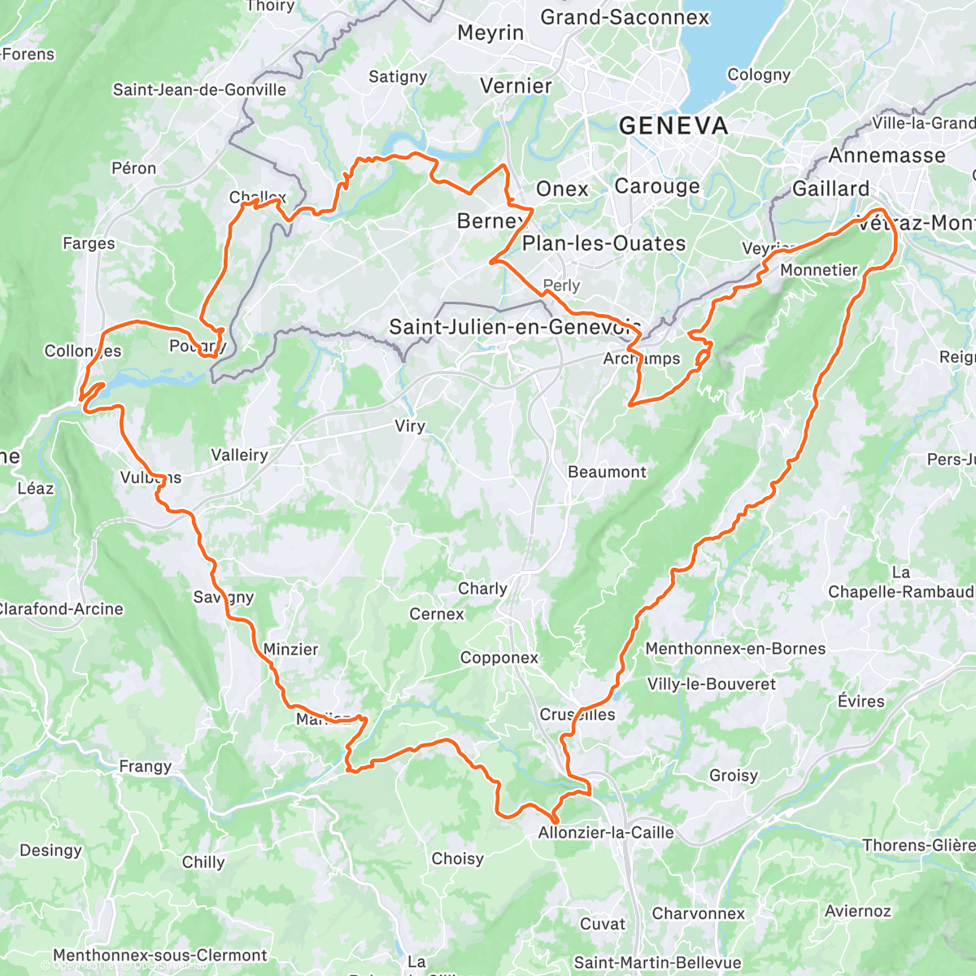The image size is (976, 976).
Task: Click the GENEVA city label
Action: [x=673, y=126]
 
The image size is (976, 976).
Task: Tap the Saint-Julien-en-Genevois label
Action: [x=514, y=327]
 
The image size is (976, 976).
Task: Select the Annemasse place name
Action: [x=887, y=155]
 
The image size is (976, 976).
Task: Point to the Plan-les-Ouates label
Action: [x=603, y=243]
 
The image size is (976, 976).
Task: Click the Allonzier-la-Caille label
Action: [x=606, y=833]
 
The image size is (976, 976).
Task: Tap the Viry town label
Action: [x=410, y=426]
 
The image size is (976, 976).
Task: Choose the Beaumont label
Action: [x=607, y=473]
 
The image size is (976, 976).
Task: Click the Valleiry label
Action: [x=239, y=455]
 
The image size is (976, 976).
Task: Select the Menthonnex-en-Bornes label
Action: [x=735, y=649]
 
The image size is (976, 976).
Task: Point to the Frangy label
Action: [x=146, y=766]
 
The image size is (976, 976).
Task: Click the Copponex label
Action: [x=499, y=658]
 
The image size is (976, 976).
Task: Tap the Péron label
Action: [x=134, y=168]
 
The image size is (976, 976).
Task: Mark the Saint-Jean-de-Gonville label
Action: [x=199, y=89]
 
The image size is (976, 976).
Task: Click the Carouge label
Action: [x=656, y=186]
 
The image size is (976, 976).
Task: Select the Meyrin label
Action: [x=490, y=33]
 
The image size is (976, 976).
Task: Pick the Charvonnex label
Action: [x=698, y=913]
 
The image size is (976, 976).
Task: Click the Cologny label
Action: [x=759, y=75]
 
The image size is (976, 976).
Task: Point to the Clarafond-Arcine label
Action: [x=62, y=609]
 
